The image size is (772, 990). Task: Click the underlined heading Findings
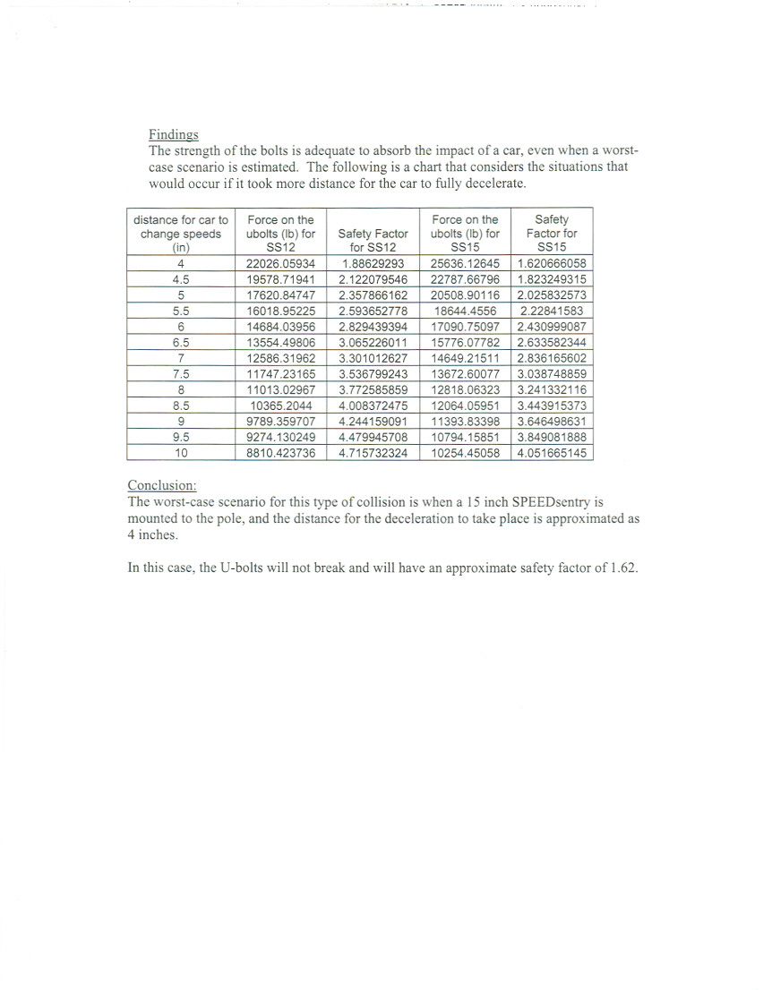coord(173,134)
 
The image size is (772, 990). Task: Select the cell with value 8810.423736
coord(280,453)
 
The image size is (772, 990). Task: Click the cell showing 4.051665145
coord(551,453)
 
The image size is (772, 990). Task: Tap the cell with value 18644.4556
coord(465,312)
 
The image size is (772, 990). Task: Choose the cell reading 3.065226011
coord(373,343)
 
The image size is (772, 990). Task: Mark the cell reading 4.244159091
coord(373,422)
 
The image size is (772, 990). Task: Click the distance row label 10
coord(181,453)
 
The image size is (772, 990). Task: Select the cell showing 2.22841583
coord(551,312)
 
